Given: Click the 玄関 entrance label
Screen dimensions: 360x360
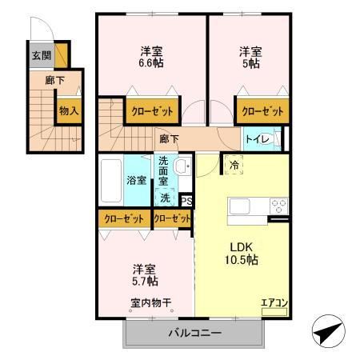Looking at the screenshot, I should coord(42,56).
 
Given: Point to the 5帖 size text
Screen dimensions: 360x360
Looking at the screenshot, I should coord(250,63).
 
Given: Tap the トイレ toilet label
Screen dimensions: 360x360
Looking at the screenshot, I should coord(257,139).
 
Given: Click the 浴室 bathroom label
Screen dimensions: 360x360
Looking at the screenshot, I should coord(136,180).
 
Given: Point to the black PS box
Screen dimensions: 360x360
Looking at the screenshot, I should coord(186,201).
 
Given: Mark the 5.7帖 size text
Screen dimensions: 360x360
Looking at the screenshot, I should coord(145,282).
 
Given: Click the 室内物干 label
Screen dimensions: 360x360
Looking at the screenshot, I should coord(151,303).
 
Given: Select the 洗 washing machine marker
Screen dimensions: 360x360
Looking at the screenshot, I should coord(165,197).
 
